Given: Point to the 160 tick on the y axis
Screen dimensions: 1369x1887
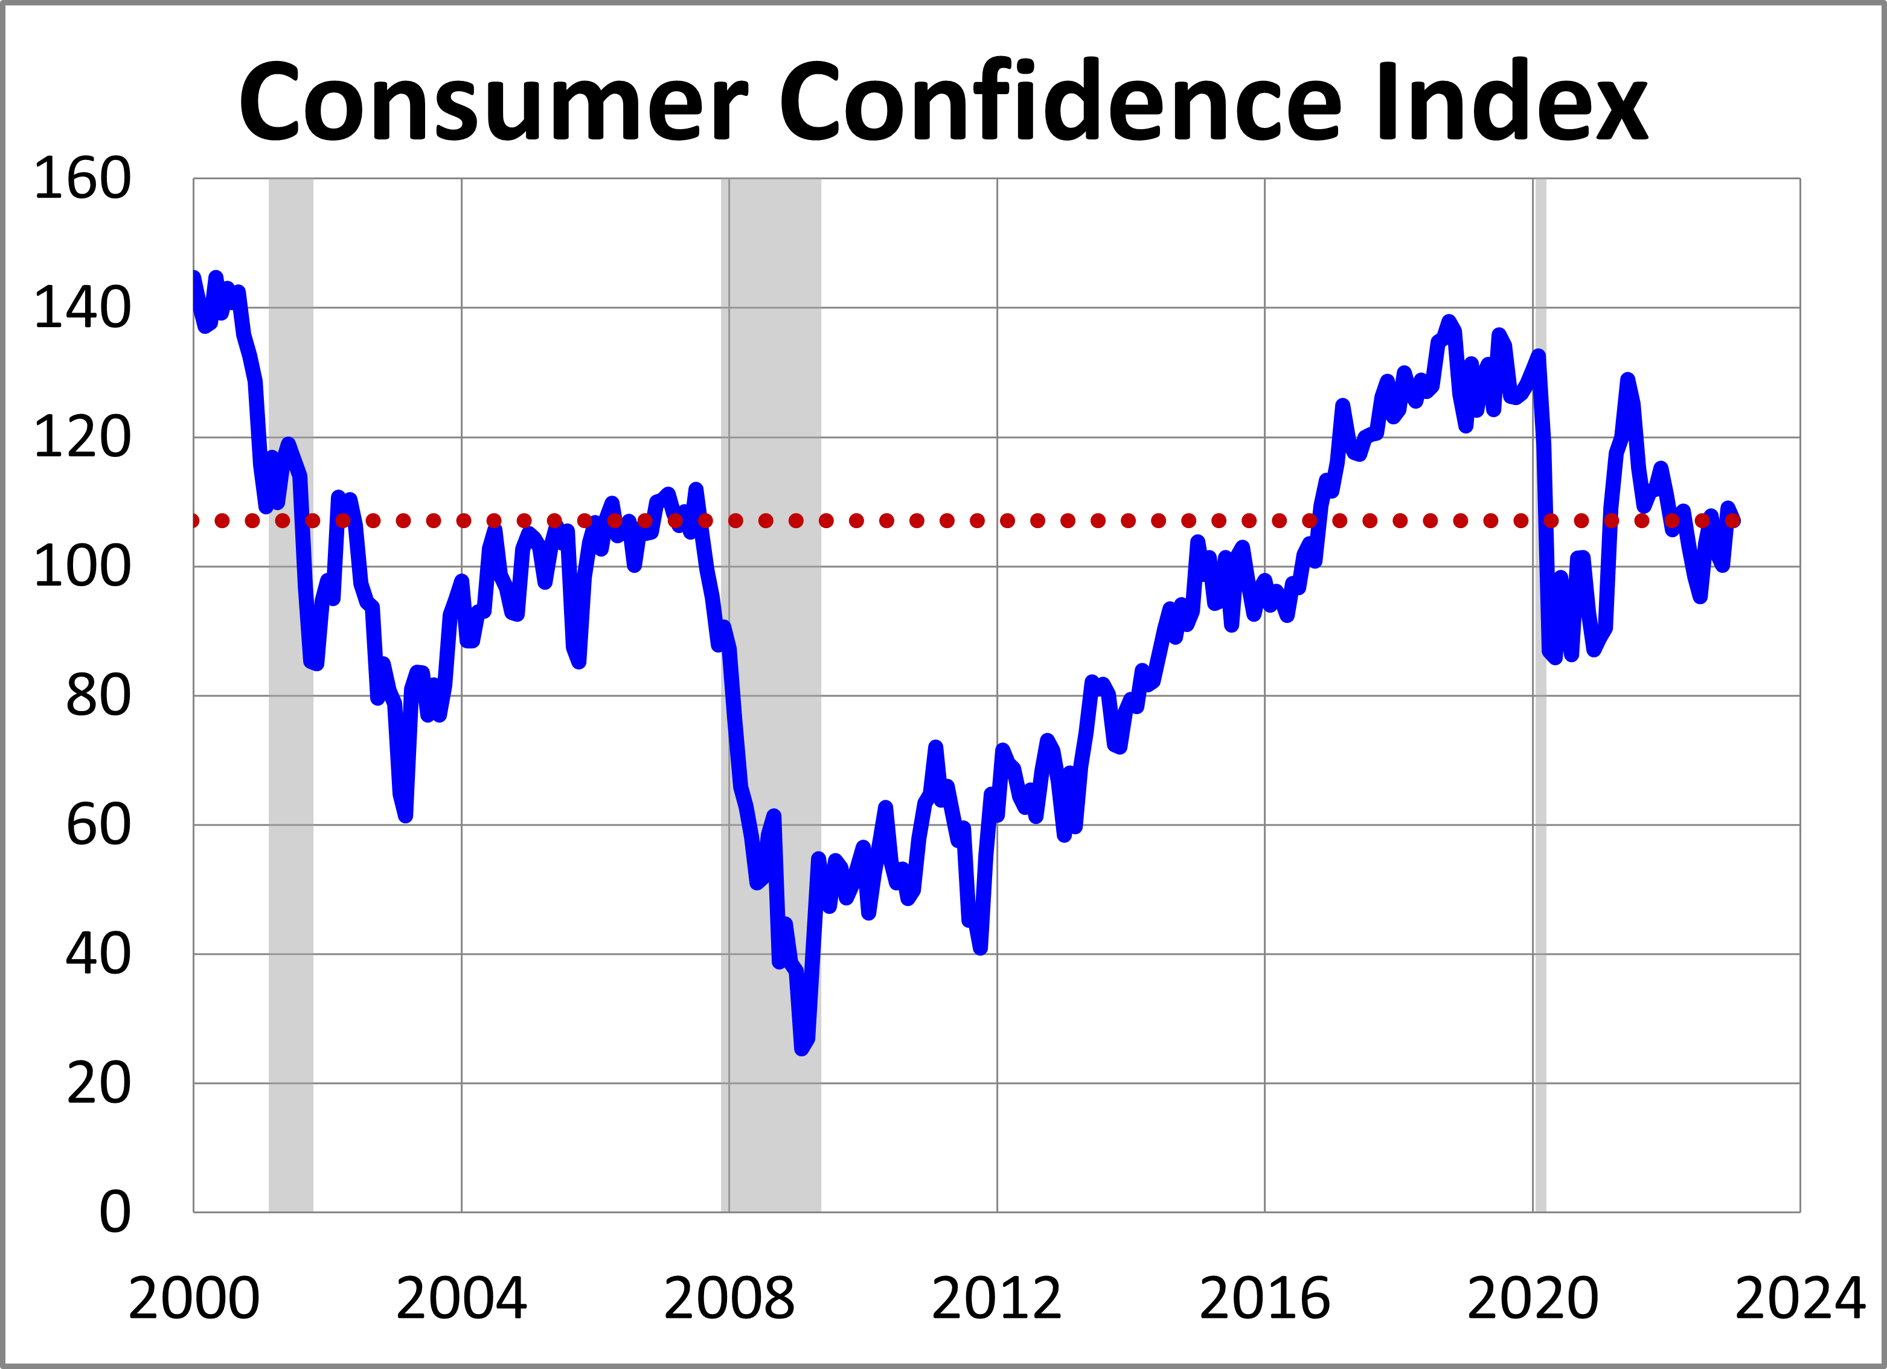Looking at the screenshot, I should (x=82, y=179).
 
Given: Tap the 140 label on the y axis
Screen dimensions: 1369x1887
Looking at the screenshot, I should (x=82, y=308).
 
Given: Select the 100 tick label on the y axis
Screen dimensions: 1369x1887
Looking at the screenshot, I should (x=82, y=567).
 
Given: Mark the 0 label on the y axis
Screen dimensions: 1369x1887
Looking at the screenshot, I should (x=115, y=1213).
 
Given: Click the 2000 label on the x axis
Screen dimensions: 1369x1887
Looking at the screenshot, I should (x=194, y=1298).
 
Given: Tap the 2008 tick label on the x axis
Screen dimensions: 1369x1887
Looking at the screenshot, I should (x=729, y=1298).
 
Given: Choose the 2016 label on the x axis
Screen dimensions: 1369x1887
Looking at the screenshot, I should (x=1264, y=1298).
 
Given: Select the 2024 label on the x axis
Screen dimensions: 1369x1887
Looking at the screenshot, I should (x=1799, y=1298).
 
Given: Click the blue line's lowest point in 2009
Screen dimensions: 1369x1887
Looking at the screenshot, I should (x=801, y=1048).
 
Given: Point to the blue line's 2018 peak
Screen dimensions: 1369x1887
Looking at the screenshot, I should (x=1449, y=322).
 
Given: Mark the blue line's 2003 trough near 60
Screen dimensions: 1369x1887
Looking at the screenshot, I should (x=405, y=816).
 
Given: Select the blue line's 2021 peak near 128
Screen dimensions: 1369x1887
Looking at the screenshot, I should (x=1627, y=381).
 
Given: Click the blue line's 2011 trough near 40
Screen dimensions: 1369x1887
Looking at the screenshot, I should (x=981, y=948).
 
